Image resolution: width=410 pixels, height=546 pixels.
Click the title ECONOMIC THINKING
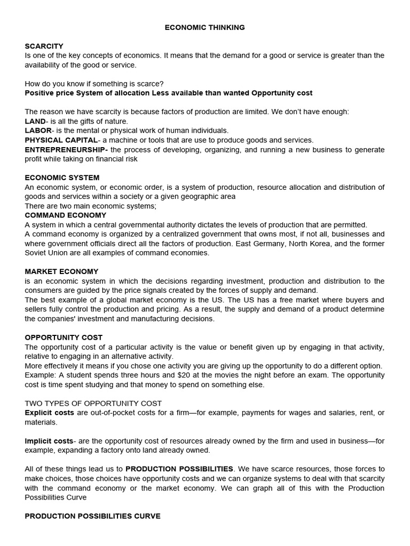[204, 28]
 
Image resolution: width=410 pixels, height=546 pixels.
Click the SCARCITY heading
[44, 46]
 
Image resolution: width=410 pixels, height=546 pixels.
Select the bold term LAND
[35, 122]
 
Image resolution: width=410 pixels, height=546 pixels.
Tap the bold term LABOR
[38, 131]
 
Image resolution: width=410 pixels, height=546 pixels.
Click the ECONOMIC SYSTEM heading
[62, 178]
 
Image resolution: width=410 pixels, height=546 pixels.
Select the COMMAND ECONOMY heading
[65, 215]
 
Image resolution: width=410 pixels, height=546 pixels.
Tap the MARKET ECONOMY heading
[61, 271]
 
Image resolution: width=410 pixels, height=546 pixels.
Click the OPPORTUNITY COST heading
[64, 338]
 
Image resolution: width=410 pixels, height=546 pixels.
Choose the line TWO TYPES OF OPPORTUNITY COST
[93, 404]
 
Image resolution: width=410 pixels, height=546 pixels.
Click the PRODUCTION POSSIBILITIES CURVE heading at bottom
[92, 516]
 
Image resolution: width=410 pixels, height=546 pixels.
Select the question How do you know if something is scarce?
[94, 84]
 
